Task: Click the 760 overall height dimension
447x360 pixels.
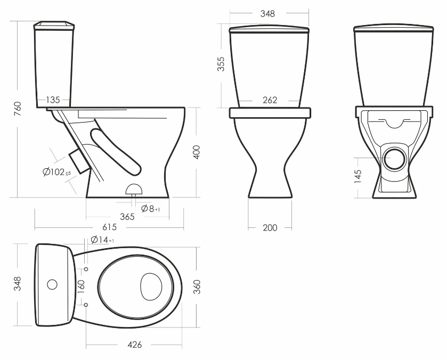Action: (x=18, y=109)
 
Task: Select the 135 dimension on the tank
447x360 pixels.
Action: (x=53, y=100)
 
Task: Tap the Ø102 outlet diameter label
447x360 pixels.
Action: (x=56, y=172)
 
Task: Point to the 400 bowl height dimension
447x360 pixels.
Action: (x=197, y=152)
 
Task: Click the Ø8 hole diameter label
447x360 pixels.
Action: (x=151, y=209)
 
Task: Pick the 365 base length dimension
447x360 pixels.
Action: (x=127, y=217)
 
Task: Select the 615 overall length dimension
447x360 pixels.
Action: (x=109, y=227)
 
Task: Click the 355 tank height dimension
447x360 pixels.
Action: (x=221, y=64)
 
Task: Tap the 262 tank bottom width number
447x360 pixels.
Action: (x=270, y=100)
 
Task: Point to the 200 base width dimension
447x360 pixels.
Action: (x=270, y=228)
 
